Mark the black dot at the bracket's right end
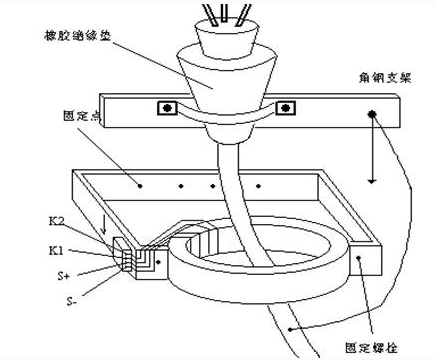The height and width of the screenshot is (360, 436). tap(371, 116)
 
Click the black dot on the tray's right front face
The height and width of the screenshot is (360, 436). tap(360, 259)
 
